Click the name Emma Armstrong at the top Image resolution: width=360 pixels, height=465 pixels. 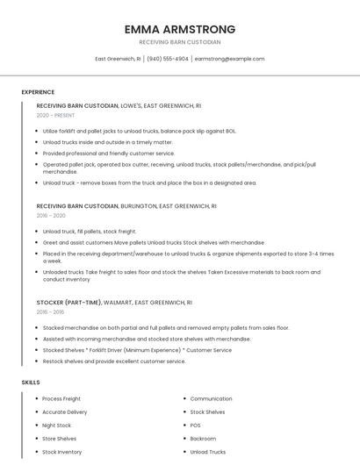pyautogui.click(x=180, y=29)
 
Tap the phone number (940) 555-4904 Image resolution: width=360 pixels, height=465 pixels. pyautogui.click(x=167, y=59)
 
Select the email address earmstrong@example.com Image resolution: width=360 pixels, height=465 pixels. pyautogui.click(x=229, y=59)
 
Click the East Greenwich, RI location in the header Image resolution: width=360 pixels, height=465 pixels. pyautogui.click(x=118, y=59)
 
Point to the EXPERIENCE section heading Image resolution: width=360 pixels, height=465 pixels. pyautogui.click(x=38, y=92)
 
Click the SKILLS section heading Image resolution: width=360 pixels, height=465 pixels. pyautogui.click(x=31, y=383)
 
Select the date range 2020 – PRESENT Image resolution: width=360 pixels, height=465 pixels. pyautogui.click(x=55, y=115)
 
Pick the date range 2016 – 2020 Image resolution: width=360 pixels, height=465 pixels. pyautogui.click(x=51, y=215)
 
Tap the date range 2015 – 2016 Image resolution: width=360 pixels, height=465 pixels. pyautogui.click(x=50, y=311)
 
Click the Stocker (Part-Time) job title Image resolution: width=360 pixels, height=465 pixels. pyautogui.click(x=73, y=302)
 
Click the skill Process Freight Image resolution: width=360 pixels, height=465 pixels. pyautogui.click(x=61, y=398)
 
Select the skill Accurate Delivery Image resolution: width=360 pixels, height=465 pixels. pyautogui.click(x=65, y=411)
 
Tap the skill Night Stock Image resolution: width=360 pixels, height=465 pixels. pyautogui.click(x=57, y=425)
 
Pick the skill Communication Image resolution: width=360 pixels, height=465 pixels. pyautogui.click(x=211, y=398)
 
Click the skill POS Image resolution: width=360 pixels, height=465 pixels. pyautogui.click(x=195, y=425)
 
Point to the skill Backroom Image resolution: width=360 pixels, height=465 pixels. pyautogui.click(x=203, y=439)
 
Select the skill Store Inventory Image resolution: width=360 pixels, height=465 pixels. pyautogui.click(x=62, y=452)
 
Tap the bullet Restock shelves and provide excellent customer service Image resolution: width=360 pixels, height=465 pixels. pyautogui.click(x=114, y=361)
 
